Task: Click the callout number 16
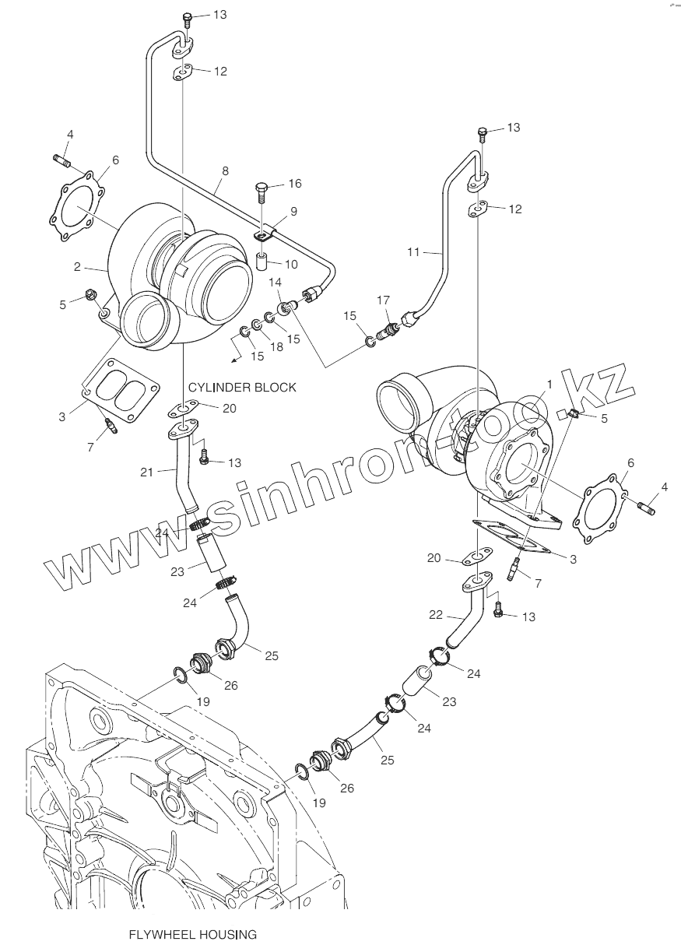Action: click(x=294, y=184)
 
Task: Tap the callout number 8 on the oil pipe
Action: click(x=225, y=169)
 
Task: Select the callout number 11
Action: click(x=413, y=251)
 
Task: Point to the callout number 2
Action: click(x=78, y=267)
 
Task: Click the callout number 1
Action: click(x=549, y=385)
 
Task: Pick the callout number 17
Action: click(x=383, y=300)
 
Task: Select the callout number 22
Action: click(x=437, y=614)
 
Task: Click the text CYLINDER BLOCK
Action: click(x=242, y=387)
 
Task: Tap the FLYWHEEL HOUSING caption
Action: click(x=192, y=934)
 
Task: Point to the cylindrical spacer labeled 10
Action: click(x=263, y=259)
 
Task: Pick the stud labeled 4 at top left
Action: click(x=63, y=161)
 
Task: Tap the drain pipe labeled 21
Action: click(x=181, y=467)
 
